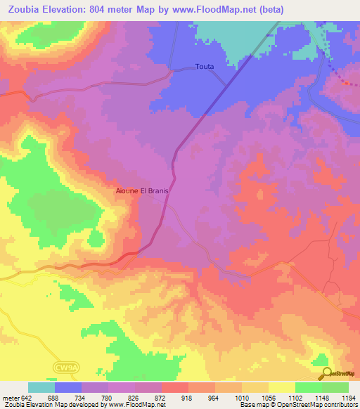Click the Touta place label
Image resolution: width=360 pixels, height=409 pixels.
click(205, 68)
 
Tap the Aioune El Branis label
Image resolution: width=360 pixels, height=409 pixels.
click(143, 190)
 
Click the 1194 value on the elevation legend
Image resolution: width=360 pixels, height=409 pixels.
click(348, 397)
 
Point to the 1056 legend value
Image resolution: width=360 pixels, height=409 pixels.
click(268, 397)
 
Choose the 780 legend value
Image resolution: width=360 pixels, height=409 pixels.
click(108, 397)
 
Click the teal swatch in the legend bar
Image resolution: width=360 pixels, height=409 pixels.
click(41, 387)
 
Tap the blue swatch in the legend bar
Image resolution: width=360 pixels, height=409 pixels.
click(68, 387)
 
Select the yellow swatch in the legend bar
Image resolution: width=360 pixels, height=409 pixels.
click(281, 387)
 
